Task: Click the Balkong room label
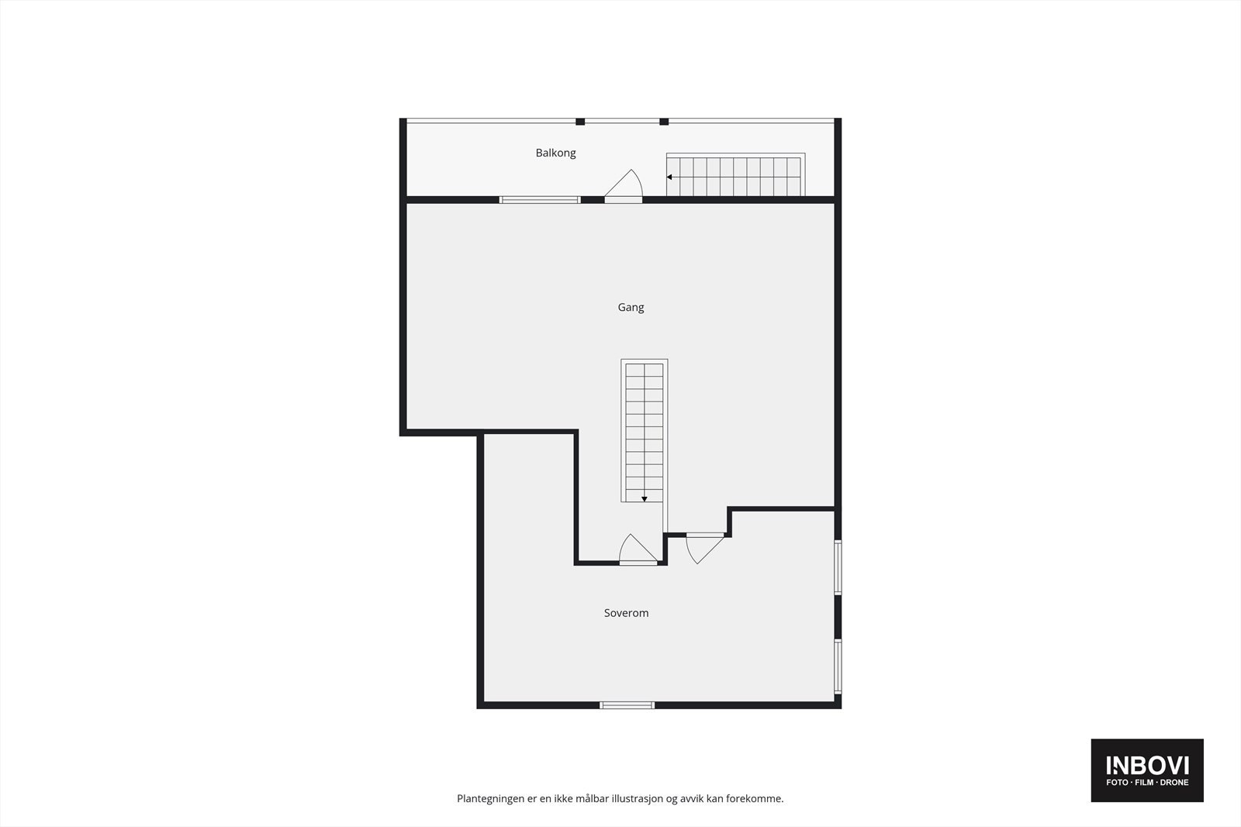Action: point(555,153)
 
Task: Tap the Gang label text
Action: point(631,307)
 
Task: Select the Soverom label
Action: point(626,613)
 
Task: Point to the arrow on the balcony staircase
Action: point(670,177)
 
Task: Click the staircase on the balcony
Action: point(734,176)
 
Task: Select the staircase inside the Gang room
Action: point(644,430)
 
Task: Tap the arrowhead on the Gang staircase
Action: point(644,499)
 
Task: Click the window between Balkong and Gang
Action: point(540,200)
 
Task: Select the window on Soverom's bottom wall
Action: point(627,705)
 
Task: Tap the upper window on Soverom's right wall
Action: point(838,567)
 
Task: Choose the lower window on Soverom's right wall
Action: point(838,665)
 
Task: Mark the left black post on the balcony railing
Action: point(580,122)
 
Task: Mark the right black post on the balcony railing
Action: point(664,122)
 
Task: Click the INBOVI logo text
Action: point(1147,765)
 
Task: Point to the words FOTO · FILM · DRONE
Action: point(1147,783)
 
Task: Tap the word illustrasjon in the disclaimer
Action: point(637,798)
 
